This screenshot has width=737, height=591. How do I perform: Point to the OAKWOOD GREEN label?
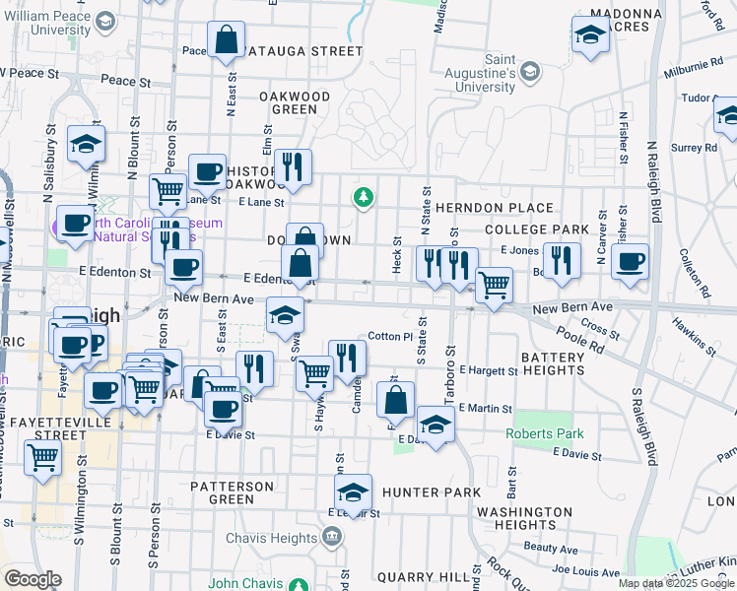click(294, 102)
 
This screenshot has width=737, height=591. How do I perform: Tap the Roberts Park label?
click(545, 433)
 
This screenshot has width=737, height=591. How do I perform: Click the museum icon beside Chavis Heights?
click(332, 538)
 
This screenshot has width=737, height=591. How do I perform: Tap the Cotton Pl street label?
click(389, 337)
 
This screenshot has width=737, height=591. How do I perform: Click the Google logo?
click(33, 579)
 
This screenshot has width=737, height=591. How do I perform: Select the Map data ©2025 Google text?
click(676, 583)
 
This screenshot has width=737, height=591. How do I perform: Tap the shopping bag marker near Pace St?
click(226, 41)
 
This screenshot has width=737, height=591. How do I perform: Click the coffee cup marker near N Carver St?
click(630, 262)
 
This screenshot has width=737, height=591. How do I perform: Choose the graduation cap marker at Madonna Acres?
click(589, 37)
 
